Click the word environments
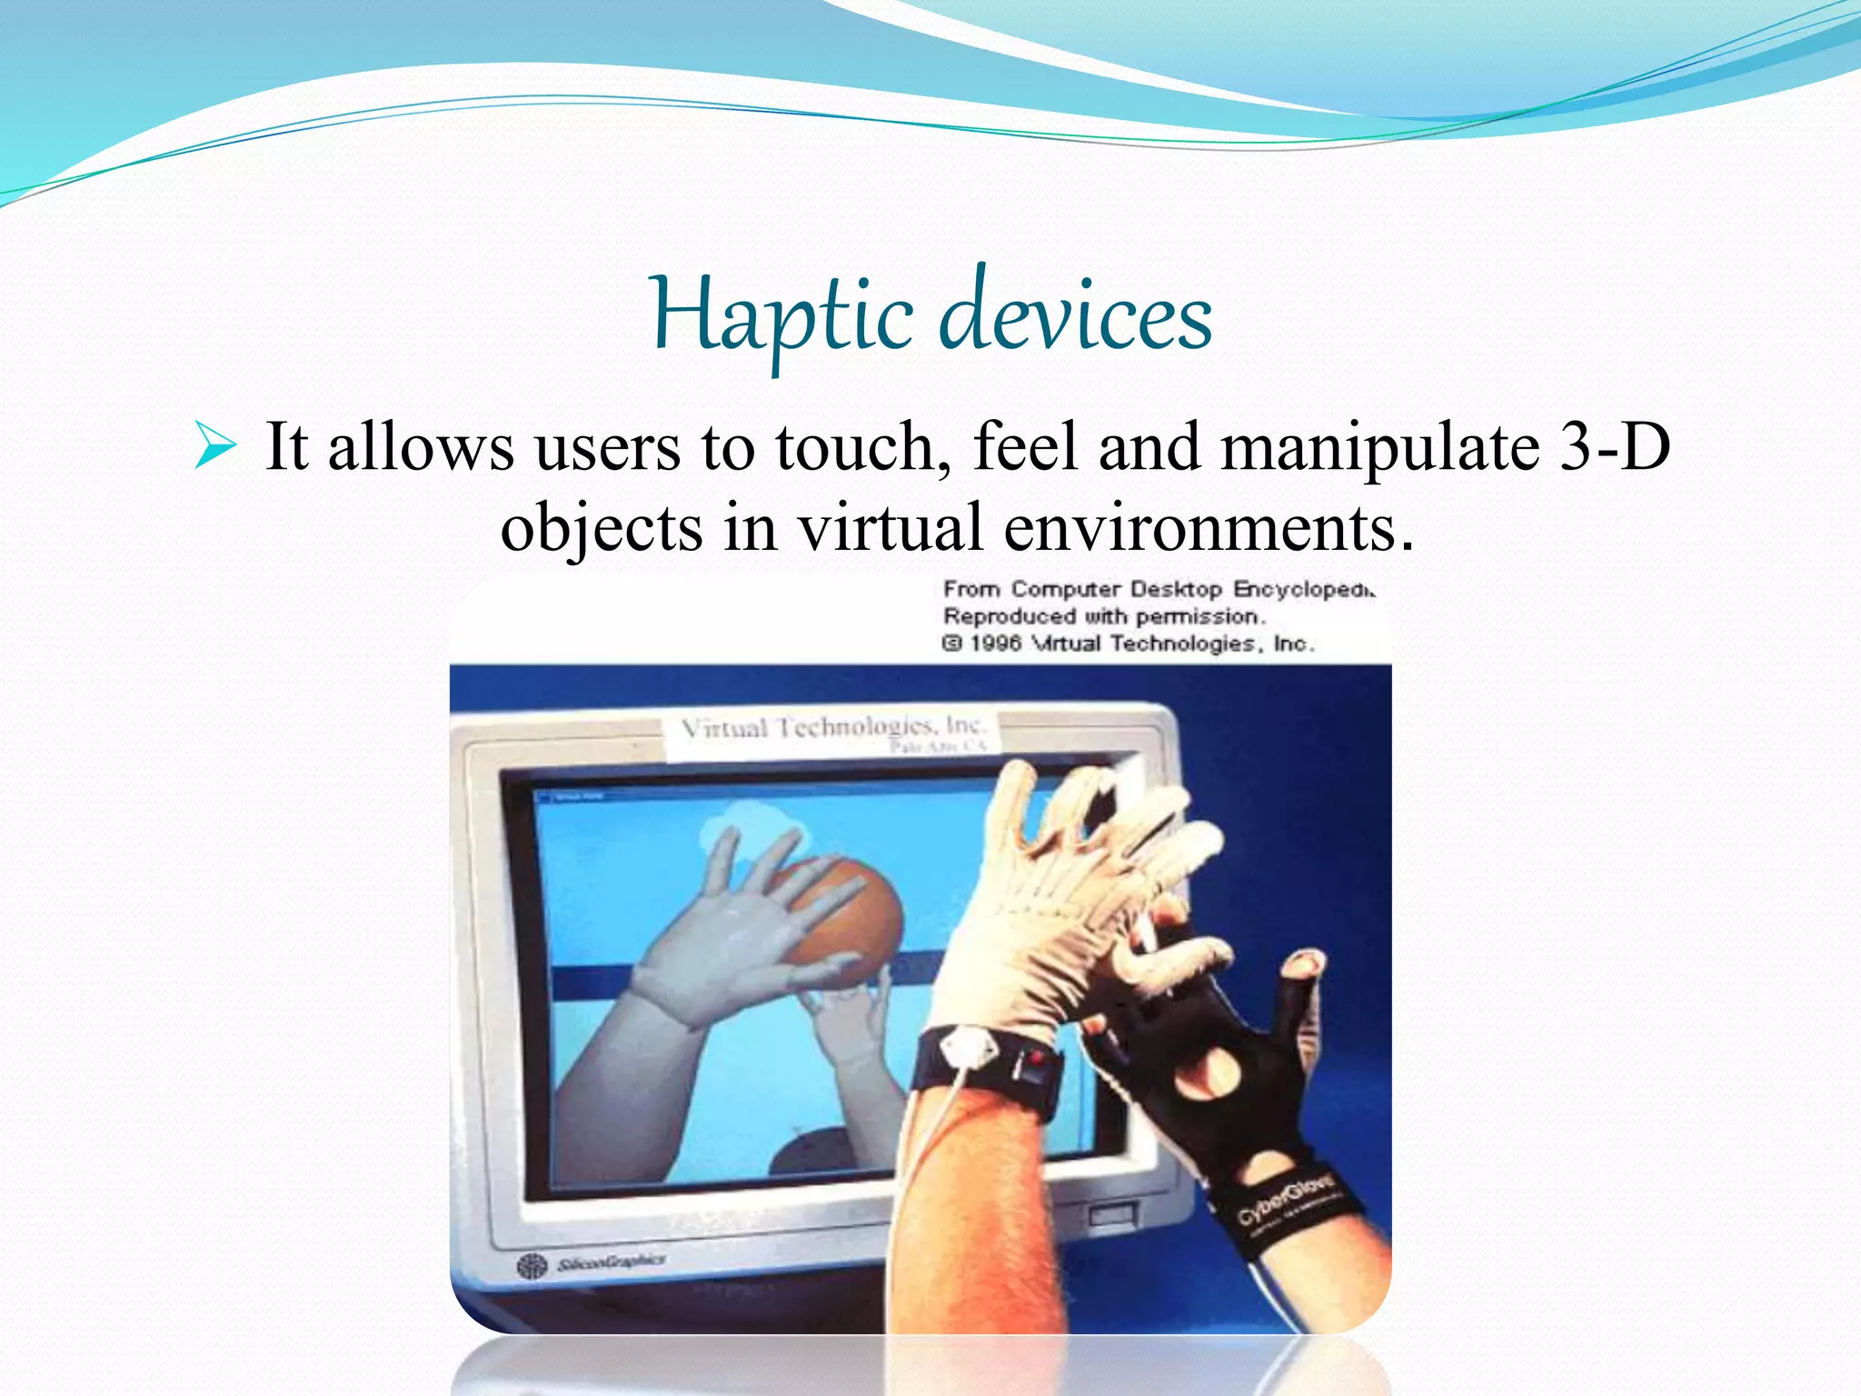[1209, 527]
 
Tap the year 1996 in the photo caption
[996, 643]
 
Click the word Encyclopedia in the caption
[1305, 589]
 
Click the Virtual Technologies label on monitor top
[831, 729]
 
